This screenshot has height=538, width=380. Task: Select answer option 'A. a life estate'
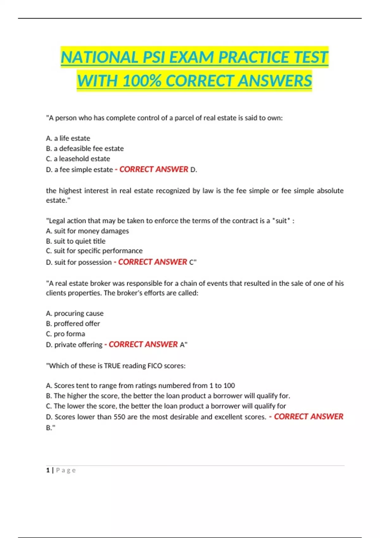point(68,138)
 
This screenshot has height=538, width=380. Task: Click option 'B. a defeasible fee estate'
point(85,148)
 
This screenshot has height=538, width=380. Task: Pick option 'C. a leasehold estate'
point(78,159)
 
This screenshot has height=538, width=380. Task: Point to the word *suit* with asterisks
point(281,221)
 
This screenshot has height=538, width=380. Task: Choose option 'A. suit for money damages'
point(87,231)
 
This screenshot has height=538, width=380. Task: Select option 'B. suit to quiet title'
point(76,241)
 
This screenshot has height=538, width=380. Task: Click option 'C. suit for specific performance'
point(94,251)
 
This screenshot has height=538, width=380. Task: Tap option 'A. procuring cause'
point(75,313)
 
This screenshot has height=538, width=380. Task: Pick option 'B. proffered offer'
point(73,323)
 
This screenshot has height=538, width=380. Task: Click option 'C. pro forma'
point(66,334)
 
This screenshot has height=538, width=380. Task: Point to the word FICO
point(155,366)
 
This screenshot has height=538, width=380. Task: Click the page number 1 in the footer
point(48,470)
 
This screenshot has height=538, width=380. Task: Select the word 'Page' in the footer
point(66,470)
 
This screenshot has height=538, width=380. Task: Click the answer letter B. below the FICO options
point(50,428)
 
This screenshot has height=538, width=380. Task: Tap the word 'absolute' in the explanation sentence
point(330,191)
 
